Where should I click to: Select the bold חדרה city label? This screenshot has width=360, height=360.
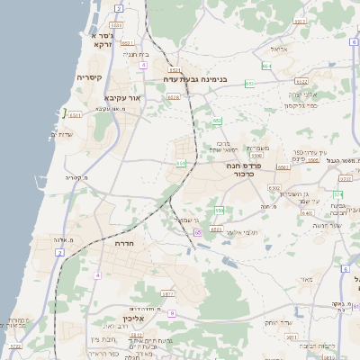tap(124, 243)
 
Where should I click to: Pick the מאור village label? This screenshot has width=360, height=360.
tap(305, 281)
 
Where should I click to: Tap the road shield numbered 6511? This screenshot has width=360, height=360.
tap(76, 115)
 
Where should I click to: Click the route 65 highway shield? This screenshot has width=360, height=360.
tap(197, 232)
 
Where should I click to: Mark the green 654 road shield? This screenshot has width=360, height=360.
tap(266, 66)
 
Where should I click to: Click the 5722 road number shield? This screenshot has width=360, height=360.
tap(14, 346)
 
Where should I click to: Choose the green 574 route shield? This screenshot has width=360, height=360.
tap(337, 194)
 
